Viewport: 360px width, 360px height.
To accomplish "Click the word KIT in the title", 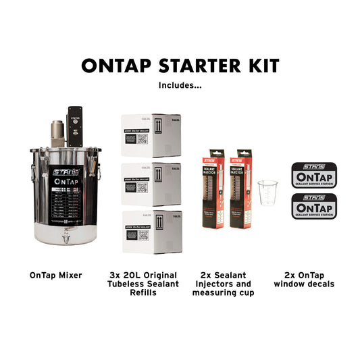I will (x=261, y=66).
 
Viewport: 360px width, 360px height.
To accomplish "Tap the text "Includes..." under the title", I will (x=180, y=85).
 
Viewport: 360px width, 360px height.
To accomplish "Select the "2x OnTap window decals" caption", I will (x=304, y=280).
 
